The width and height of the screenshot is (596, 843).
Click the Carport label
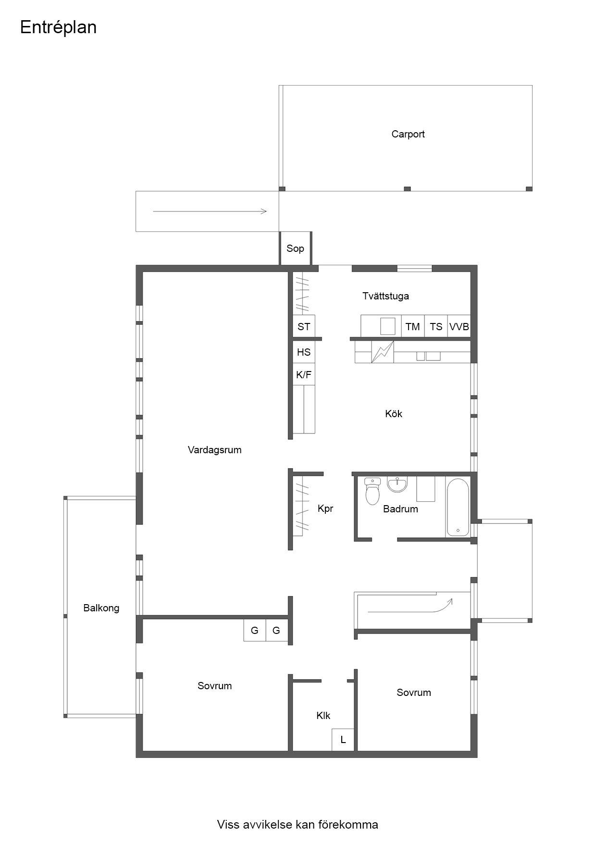pos(408,134)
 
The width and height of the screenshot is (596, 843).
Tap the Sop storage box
pos(296,248)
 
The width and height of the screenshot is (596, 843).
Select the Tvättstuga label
pos(385,296)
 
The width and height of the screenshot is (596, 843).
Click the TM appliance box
pos(413,327)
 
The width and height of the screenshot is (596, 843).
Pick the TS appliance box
pos(436,327)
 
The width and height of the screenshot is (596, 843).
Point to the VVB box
pos(459,327)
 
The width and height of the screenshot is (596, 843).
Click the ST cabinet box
pos(304,327)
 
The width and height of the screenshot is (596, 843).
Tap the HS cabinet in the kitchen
pos(304,352)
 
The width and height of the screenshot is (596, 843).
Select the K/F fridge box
pos(304,375)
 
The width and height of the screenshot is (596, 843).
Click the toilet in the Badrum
pos(372,491)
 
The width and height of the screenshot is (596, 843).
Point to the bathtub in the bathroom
pos(458,507)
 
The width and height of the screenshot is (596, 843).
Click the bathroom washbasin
pos(397,484)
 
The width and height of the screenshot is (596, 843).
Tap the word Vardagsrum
pos(215,450)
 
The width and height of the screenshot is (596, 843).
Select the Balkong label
pos(101,608)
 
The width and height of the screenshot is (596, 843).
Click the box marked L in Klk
pos(343,740)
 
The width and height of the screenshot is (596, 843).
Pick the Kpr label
pos(325,508)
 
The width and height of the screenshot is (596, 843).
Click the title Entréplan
pos(58,27)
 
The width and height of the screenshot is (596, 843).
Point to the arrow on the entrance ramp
pos(210,211)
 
